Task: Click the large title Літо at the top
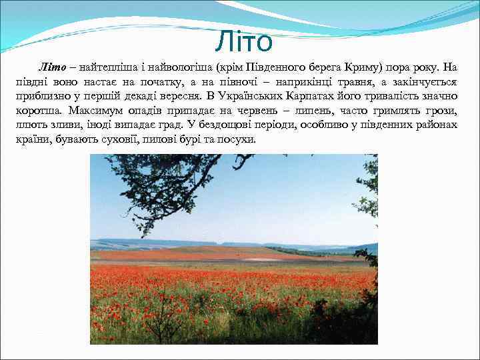click(244, 42)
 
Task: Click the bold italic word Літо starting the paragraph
click(51, 67)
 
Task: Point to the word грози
click(440, 111)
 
